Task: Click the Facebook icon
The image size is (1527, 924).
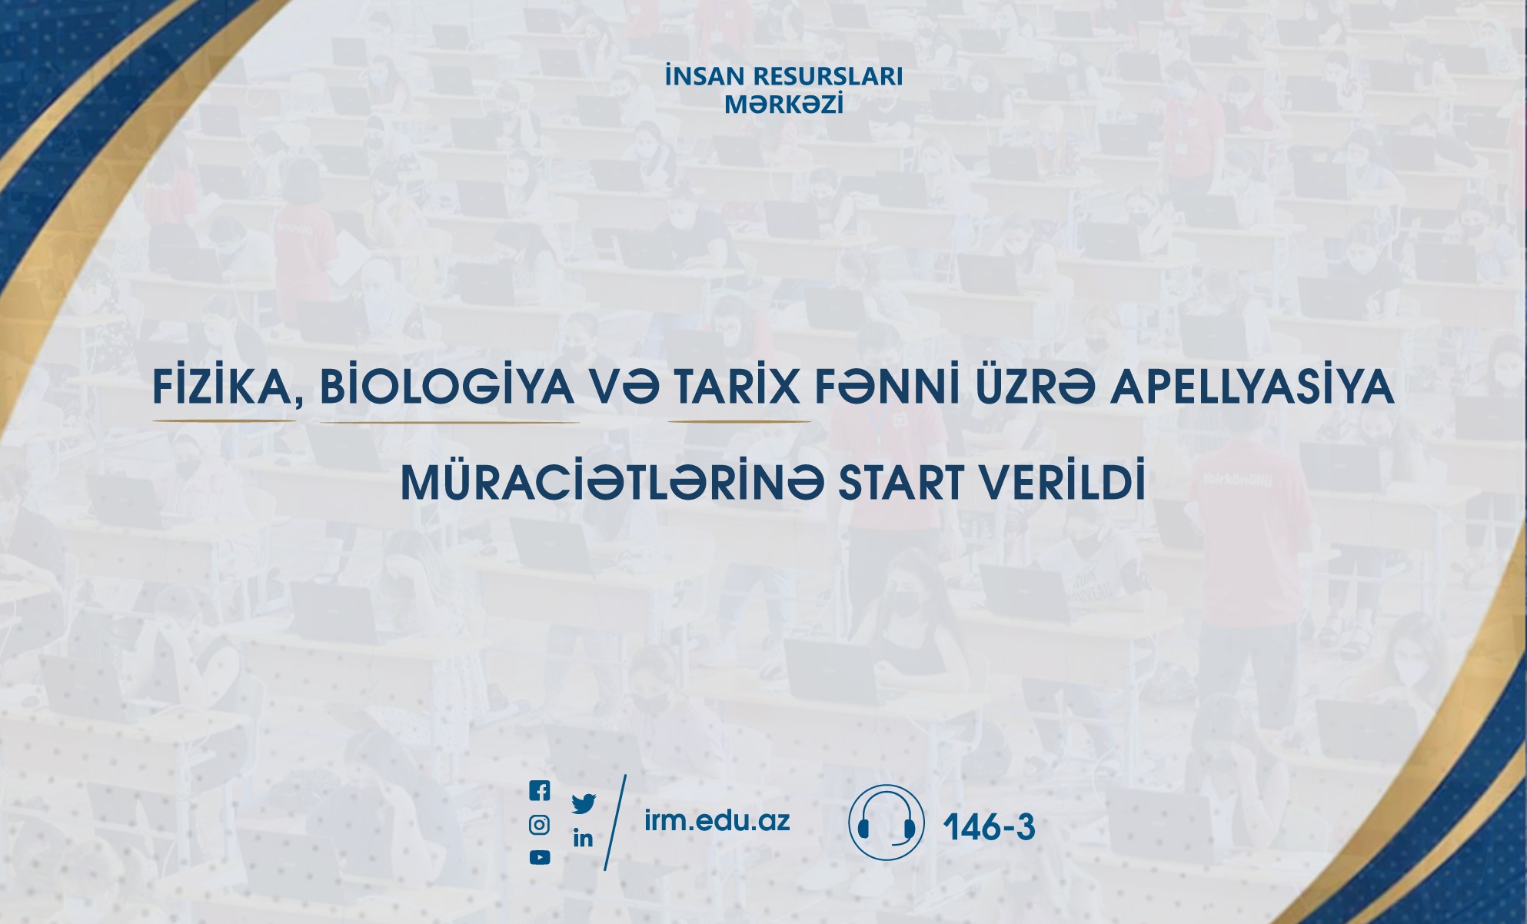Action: tap(540, 790)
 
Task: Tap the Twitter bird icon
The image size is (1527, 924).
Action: tap(584, 804)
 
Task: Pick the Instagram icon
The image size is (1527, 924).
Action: tap(540, 825)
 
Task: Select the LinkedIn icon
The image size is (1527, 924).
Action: tap(583, 838)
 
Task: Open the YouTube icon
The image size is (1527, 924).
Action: tap(540, 857)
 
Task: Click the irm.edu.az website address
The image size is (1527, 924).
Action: tap(717, 820)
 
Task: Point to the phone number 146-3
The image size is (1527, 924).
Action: tap(989, 827)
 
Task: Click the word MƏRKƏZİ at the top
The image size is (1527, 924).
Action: tap(784, 104)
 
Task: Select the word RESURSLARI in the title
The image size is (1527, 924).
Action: tap(828, 76)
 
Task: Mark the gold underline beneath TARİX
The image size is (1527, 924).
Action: tap(740, 421)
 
